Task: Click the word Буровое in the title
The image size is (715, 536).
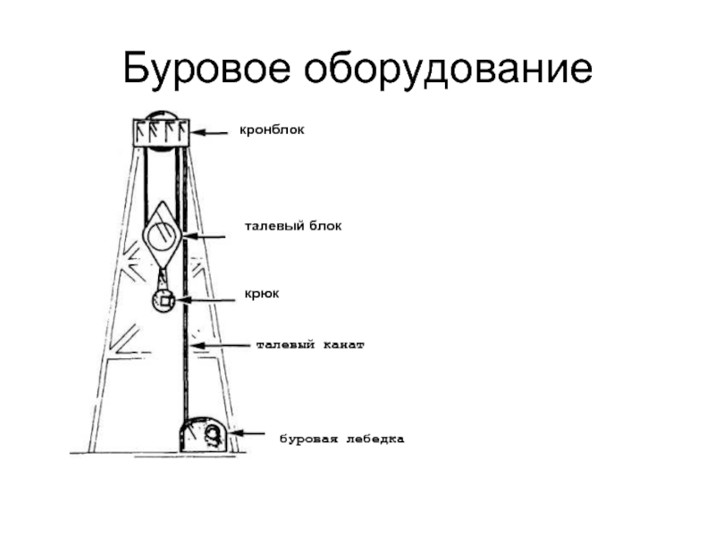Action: (x=206, y=69)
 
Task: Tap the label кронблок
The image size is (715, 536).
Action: (x=272, y=130)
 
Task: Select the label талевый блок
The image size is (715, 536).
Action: (x=293, y=226)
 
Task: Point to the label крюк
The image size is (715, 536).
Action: (x=262, y=294)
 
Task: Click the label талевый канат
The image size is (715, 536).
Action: (x=310, y=345)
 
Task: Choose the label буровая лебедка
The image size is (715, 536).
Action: (x=341, y=440)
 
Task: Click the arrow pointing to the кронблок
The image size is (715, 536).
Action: (x=209, y=132)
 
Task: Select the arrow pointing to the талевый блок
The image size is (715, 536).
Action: (x=204, y=236)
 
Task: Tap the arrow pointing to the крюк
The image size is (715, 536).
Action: (x=206, y=300)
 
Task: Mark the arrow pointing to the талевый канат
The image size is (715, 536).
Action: (x=220, y=346)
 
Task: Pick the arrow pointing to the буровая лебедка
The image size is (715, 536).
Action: (x=248, y=433)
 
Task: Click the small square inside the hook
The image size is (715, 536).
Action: (x=166, y=301)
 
